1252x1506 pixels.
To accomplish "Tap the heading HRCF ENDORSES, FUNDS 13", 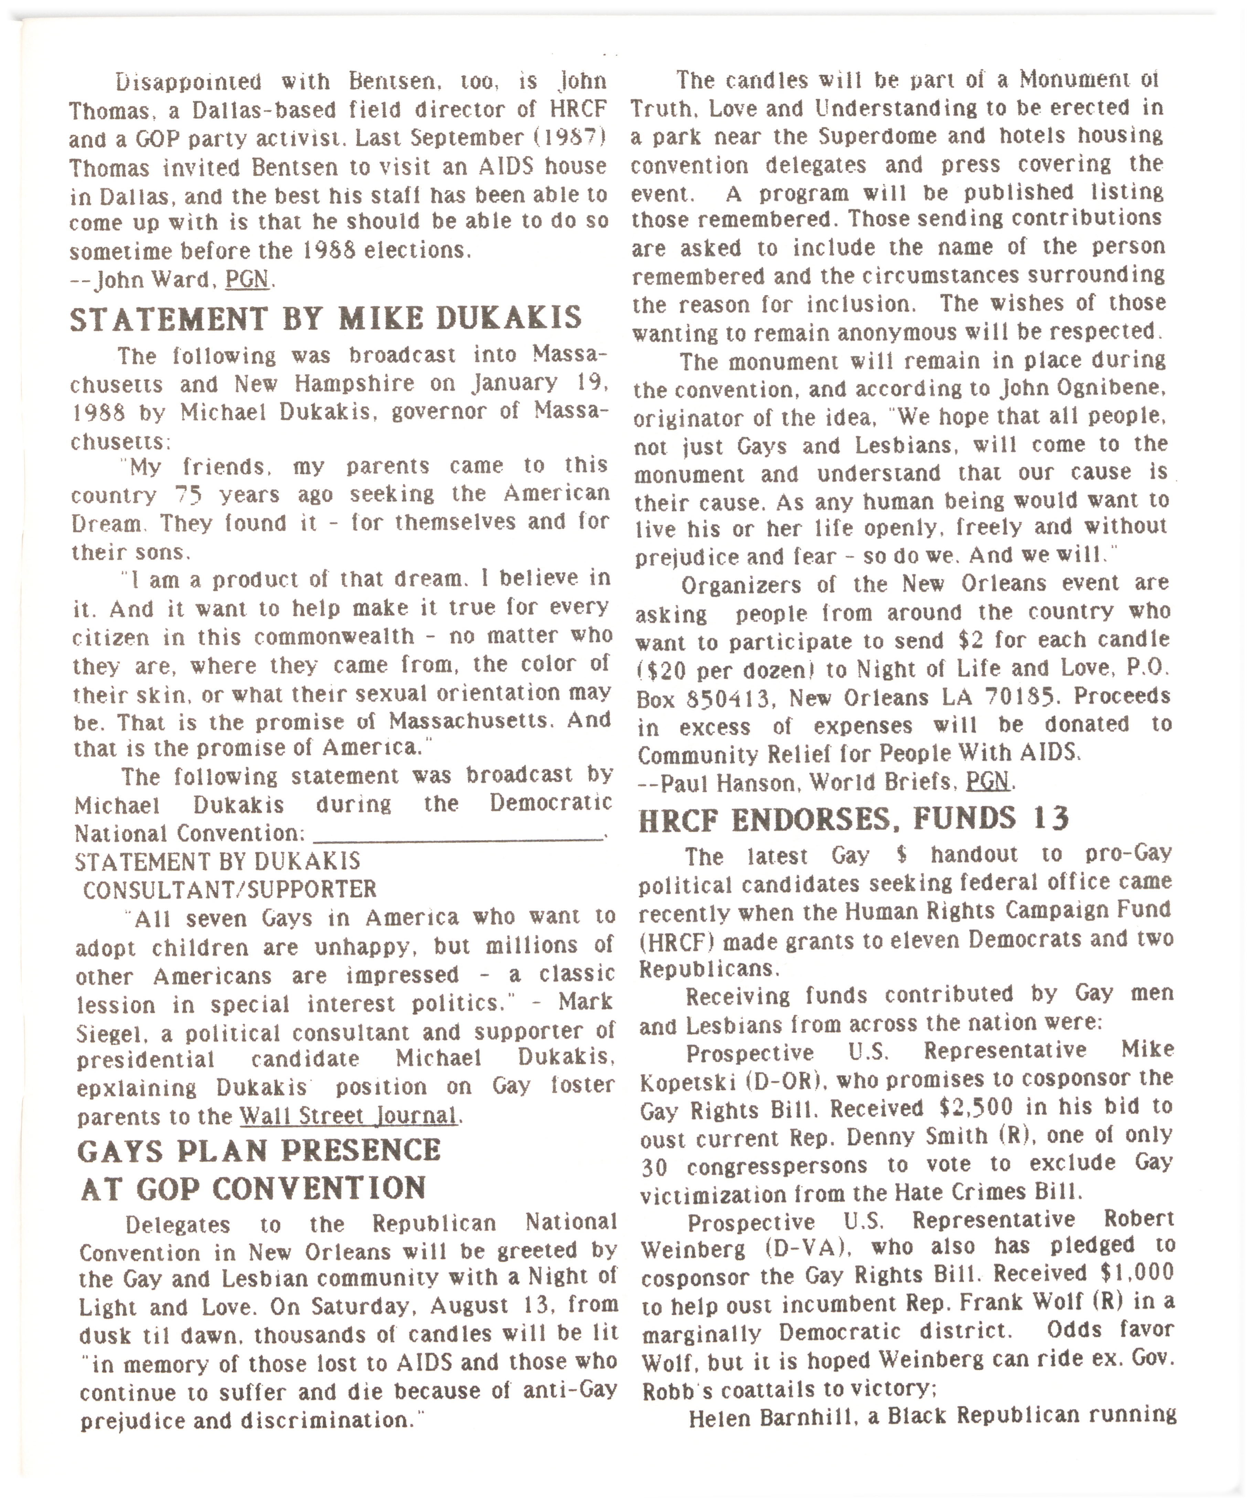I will click(853, 818).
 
